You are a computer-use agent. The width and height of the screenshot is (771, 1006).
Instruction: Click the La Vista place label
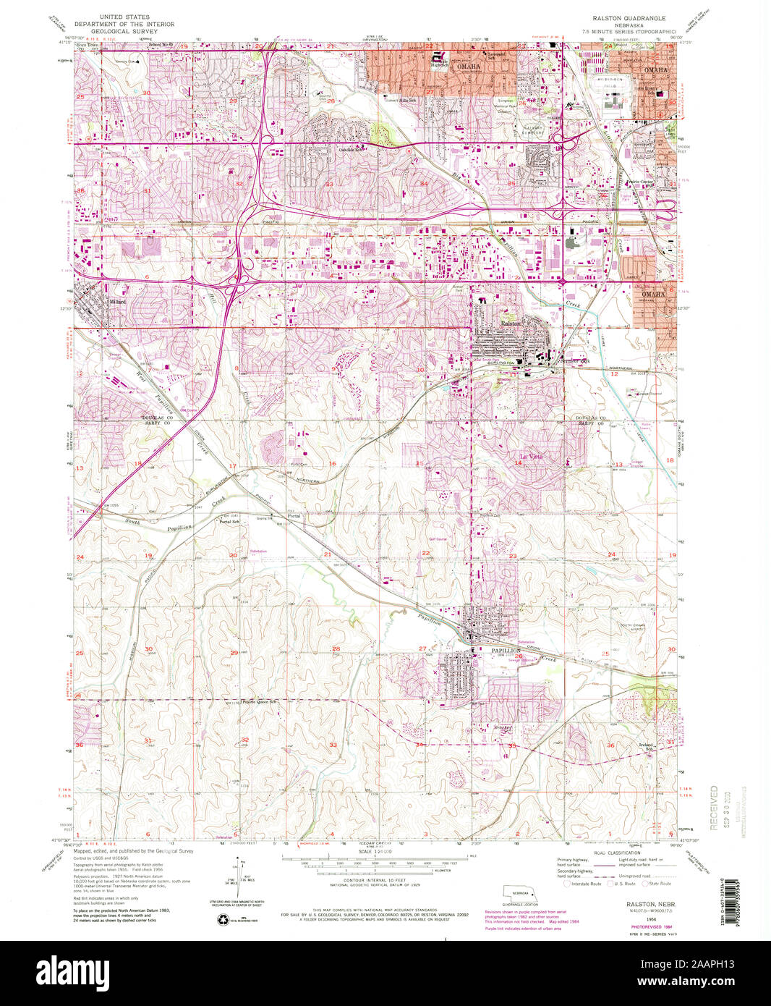[531, 457]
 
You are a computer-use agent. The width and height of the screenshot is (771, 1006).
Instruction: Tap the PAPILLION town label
[506, 651]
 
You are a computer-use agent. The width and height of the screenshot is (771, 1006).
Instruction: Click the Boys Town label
[88, 45]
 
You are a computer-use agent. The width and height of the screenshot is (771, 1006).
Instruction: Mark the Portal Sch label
[229, 522]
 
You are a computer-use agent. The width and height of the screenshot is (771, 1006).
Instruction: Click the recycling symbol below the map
[223, 919]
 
